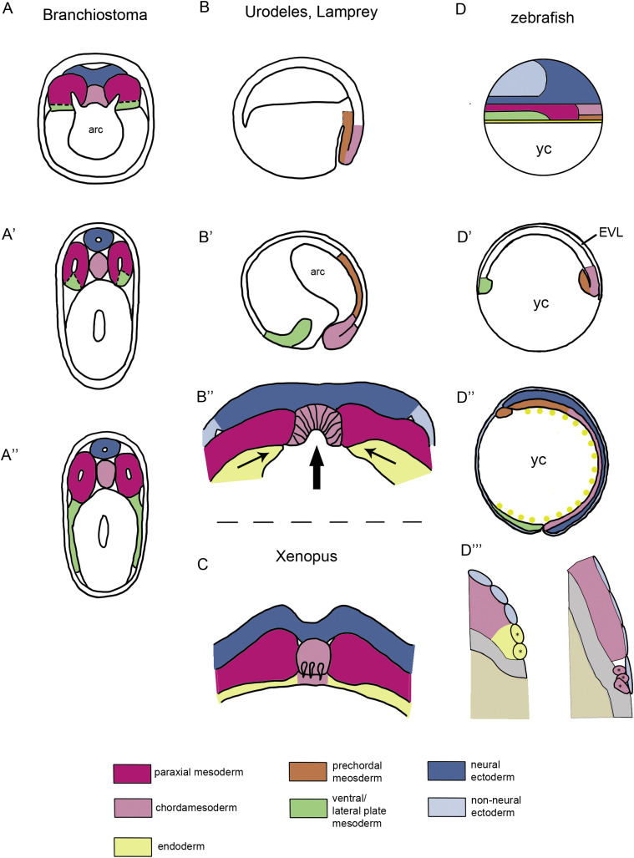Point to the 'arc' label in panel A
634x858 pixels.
(x=99, y=129)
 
